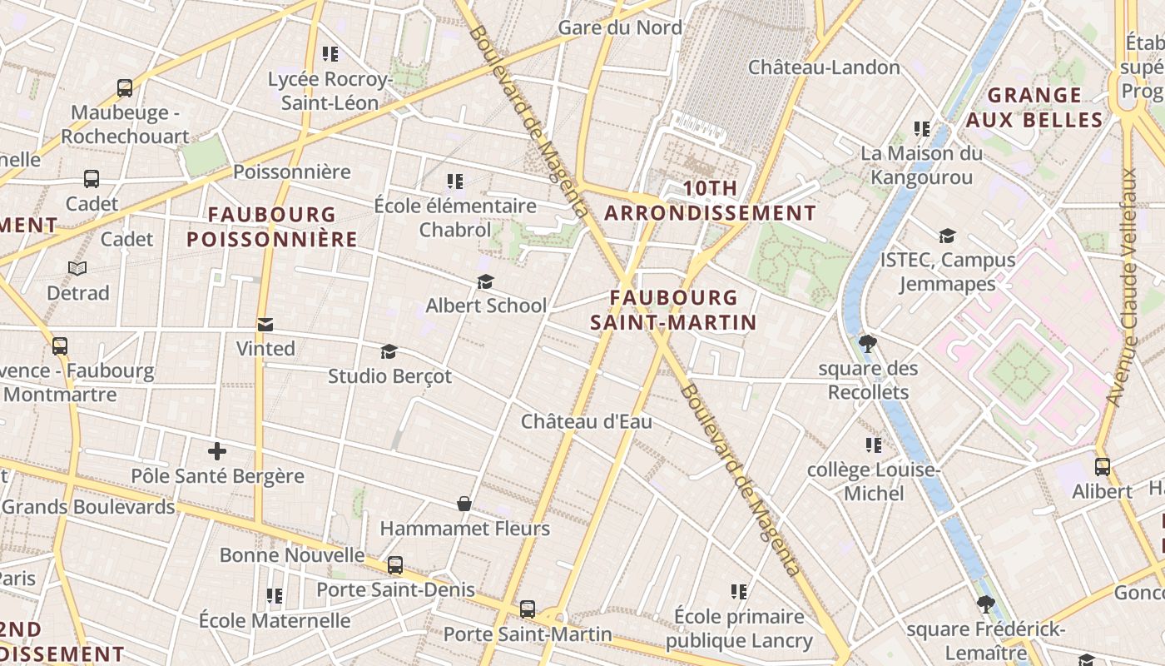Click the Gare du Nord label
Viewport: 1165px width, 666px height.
[x=620, y=27]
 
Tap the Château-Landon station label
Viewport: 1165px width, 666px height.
[x=824, y=67]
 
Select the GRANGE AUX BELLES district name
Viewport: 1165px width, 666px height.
[x=1034, y=107]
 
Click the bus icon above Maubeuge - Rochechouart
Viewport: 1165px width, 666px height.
[x=125, y=87]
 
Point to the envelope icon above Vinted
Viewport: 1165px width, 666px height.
[x=265, y=325]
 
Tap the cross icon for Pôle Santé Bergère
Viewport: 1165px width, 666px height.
[x=217, y=452]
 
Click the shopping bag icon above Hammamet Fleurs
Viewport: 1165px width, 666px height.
[x=464, y=504]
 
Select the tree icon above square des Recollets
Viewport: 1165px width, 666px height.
[x=868, y=344]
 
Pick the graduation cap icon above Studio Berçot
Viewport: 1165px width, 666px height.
[x=389, y=351]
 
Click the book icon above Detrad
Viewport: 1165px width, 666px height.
[x=77, y=268]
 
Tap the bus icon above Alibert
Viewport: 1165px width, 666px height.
[x=1102, y=467]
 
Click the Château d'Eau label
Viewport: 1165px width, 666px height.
[x=587, y=422]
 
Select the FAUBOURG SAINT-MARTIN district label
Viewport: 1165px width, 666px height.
[x=673, y=310]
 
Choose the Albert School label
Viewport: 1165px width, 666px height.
[x=486, y=306]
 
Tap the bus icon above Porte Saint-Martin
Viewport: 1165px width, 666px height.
[x=528, y=609]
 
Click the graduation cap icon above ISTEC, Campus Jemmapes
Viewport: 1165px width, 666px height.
[x=947, y=236]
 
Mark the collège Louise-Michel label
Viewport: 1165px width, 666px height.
[x=873, y=482]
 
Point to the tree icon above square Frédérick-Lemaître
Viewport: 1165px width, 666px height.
[x=985, y=604]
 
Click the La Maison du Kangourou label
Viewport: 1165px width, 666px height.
[x=921, y=165]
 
